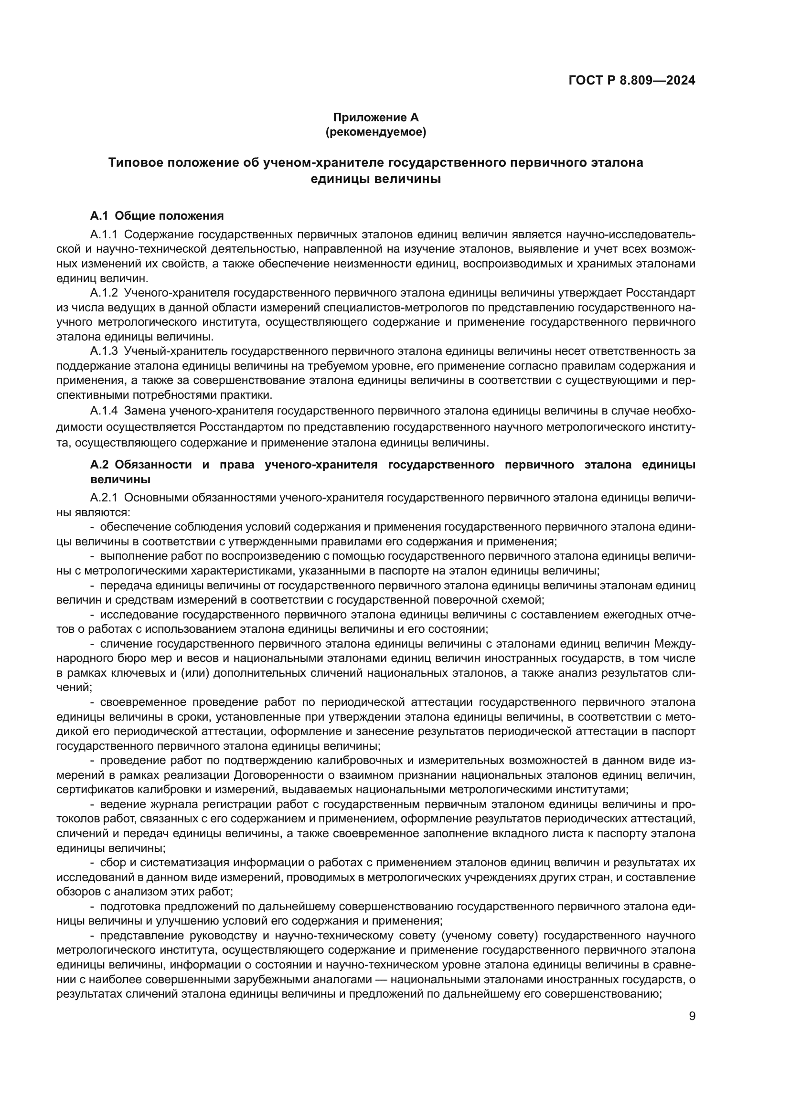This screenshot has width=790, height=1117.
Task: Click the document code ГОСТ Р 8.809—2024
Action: click(x=631, y=80)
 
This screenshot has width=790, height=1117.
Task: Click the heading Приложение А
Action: click(x=375, y=117)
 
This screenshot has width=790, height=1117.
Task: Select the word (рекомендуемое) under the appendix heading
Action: click(x=375, y=132)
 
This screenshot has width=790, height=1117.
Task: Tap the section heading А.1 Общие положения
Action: click(x=157, y=216)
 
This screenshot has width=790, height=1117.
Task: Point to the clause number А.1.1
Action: click(x=104, y=234)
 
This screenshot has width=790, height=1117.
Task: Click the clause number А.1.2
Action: click(x=104, y=293)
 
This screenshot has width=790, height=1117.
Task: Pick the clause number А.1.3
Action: click(x=104, y=351)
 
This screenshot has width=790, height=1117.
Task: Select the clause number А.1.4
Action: click(x=104, y=411)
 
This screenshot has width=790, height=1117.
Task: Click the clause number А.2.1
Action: click(x=104, y=498)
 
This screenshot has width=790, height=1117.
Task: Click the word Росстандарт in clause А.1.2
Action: click(x=660, y=293)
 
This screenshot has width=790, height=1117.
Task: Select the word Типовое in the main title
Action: click(x=135, y=162)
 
